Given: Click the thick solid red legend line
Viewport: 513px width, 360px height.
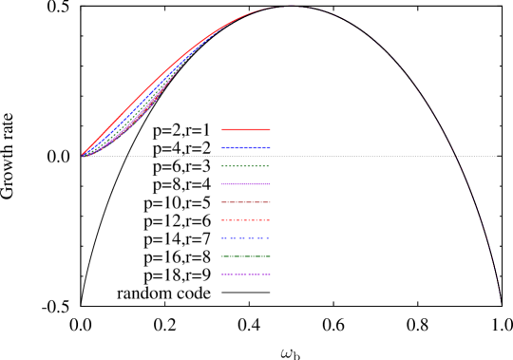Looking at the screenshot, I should [246, 129].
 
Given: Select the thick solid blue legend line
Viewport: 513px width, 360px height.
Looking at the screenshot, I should [246, 147].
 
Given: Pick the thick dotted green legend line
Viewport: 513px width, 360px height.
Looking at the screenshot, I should [246, 165].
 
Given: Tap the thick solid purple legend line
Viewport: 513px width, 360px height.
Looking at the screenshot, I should [246, 183].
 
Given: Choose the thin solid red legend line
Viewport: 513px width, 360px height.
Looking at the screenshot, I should [246, 202].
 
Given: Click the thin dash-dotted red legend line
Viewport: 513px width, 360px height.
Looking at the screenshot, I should [246, 220].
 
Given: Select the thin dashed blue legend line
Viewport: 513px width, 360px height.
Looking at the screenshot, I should [246, 238].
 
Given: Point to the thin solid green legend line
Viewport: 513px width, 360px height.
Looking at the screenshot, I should [246, 256].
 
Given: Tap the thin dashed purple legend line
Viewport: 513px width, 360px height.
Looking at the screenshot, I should [246, 275].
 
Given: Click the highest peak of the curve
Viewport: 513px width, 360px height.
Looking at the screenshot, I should [290, 7].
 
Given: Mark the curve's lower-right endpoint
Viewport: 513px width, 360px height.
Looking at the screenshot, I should [500, 301].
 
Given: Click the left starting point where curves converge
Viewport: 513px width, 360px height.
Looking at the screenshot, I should [83, 155].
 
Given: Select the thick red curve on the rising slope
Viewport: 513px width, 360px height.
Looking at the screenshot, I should [142, 95].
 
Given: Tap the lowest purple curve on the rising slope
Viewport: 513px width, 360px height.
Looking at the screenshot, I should [142, 116].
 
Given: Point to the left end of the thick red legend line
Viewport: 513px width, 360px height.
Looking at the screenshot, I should [222, 129].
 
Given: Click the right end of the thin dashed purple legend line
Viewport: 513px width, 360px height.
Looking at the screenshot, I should [270, 275].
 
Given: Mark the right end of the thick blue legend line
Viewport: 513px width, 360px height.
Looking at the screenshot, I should [270, 147].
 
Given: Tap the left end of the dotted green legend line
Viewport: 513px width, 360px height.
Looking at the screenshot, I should [222, 165].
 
